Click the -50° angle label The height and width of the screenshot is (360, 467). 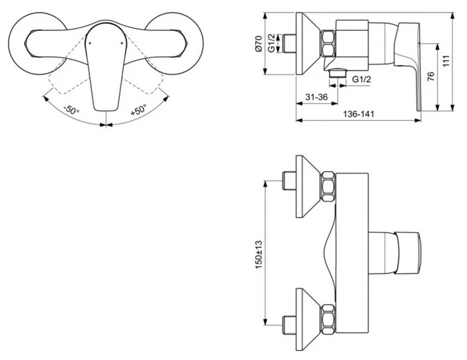point(70,110)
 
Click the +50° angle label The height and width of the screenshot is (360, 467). point(139,110)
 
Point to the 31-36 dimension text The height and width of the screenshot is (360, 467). point(314,97)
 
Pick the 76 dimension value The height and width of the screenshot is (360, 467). point(431,77)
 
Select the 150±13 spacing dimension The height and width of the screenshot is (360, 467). point(258,253)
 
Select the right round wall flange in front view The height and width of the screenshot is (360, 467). point(177,42)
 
